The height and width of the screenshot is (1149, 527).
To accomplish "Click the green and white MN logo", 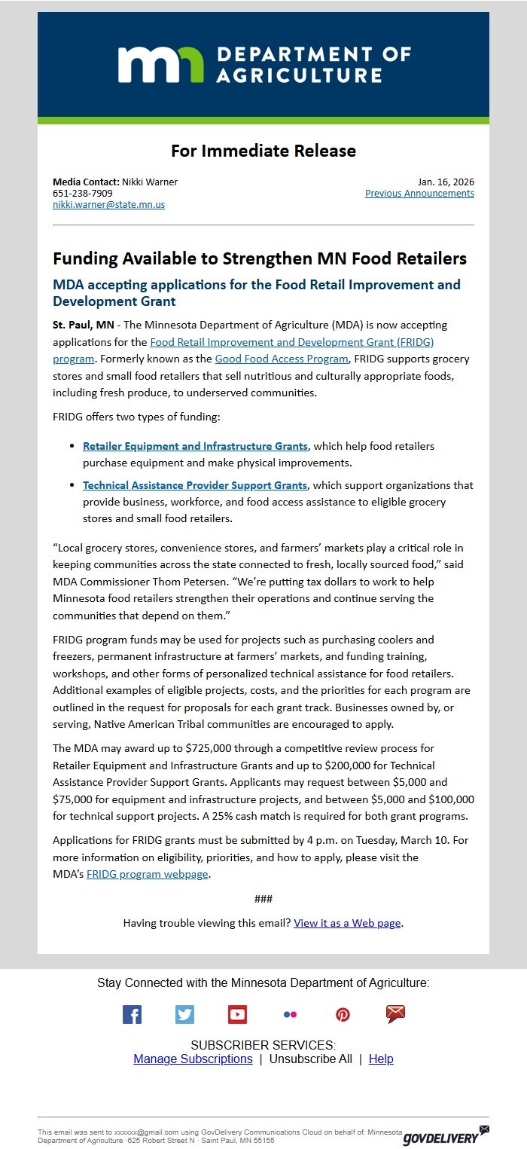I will (x=160, y=64).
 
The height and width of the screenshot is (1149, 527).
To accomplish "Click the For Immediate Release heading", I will (x=263, y=151).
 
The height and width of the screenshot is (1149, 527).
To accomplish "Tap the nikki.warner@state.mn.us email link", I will (x=108, y=204).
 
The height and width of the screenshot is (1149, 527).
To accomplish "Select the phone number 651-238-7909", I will (x=83, y=193).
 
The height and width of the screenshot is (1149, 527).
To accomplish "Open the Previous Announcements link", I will (x=419, y=193).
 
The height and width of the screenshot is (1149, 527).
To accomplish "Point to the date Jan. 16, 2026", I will (x=446, y=182).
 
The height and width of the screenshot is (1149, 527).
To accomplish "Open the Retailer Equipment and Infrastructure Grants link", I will (x=195, y=446).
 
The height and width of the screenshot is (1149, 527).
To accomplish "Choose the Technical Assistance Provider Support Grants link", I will (x=195, y=485).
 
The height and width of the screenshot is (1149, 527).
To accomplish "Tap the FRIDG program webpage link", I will (x=148, y=874).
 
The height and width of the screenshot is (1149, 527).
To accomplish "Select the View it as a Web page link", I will (x=347, y=923).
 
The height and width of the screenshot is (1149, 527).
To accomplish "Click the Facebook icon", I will (x=132, y=1014).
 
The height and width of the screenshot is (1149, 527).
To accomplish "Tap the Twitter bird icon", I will (x=184, y=1014).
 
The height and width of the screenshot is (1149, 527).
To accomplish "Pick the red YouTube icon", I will (x=237, y=1014).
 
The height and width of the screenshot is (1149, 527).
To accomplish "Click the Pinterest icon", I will (x=343, y=1014).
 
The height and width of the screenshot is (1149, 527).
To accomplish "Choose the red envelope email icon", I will (x=395, y=1014).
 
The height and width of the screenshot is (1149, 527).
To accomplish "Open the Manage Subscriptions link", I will (x=193, y=1059).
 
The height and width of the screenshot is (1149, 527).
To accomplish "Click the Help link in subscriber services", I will (x=381, y=1059).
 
